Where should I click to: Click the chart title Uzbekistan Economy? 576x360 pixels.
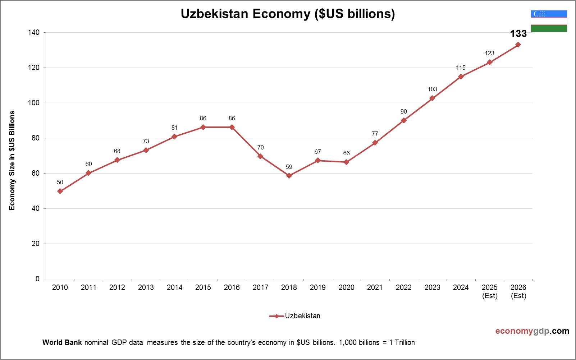click(288, 14)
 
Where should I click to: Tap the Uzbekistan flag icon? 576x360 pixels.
click(549, 21)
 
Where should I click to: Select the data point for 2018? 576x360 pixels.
click(289, 176)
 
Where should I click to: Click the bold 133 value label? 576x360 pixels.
click(518, 34)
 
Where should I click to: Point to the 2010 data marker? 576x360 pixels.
click(60, 191)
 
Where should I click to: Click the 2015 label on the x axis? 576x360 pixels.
click(203, 287)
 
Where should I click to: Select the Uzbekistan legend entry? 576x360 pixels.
click(295, 316)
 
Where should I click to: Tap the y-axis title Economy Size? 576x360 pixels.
click(12, 161)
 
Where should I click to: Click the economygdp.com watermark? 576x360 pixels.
click(532, 331)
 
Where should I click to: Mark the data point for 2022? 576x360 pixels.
click(404, 120)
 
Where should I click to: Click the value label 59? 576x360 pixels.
click(289, 167)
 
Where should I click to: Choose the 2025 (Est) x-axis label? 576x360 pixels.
click(490, 291)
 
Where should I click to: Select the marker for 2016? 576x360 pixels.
click(232, 127)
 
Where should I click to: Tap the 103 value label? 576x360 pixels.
click(432, 89)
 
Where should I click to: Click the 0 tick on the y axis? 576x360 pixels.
click(37, 279)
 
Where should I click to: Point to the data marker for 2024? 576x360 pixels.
click(461, 77)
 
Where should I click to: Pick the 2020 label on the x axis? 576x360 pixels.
click(346, 287)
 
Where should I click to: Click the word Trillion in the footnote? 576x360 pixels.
click(405, 342)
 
